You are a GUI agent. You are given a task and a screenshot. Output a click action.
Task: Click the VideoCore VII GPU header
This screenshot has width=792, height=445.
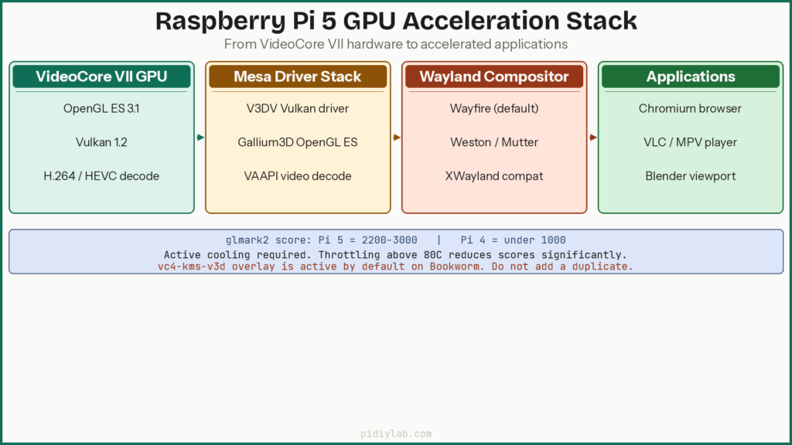click(x=101, y=76)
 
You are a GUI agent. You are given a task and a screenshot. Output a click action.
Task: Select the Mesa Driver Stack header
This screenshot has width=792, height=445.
click(x=298, y=76)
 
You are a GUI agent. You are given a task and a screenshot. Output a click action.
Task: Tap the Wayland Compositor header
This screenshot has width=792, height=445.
click(x=494, y=76)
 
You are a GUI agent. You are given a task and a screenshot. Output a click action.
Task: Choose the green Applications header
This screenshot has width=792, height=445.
click(x=691, y=76)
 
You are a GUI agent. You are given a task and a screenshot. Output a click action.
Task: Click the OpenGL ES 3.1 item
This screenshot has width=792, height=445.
click(x=101, y=108)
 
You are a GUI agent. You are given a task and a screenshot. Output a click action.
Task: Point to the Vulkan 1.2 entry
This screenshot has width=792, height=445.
click(x=101, y=142)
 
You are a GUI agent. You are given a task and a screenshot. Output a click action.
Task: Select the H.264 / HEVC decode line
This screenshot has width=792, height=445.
click(x=101, y=176)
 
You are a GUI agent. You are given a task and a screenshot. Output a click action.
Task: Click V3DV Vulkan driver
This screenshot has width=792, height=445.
click(x=298, y=108)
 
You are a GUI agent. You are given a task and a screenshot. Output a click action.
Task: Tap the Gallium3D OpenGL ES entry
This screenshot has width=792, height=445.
click(x=298, y=142)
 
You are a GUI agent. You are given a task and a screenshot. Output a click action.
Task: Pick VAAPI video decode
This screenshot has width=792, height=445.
click(x=298, y=176)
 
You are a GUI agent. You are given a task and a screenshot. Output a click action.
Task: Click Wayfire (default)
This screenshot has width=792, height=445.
click(x=494, y=108)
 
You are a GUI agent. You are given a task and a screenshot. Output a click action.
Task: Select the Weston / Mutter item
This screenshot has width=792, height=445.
click(x=494, y=142)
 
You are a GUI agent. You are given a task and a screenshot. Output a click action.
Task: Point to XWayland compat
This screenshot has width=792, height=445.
click(x=494, y=176)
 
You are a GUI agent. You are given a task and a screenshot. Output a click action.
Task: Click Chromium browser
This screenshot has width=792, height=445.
click(x=691, y=108)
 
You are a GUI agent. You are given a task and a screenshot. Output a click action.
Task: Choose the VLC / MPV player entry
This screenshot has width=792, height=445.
click(x=691, y=142)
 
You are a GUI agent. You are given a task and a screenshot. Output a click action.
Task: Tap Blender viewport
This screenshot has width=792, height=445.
click(x=691, y=176)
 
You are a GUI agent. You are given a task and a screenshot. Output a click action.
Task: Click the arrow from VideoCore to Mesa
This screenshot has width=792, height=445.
click(x=200, y=138)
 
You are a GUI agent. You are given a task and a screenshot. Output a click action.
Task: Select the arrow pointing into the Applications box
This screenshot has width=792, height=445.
click(x=592, y=138)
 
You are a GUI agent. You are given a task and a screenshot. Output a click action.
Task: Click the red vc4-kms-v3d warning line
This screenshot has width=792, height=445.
click(x=395, y=266)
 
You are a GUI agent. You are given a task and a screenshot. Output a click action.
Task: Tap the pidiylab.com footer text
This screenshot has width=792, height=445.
click(x=395, y=434)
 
